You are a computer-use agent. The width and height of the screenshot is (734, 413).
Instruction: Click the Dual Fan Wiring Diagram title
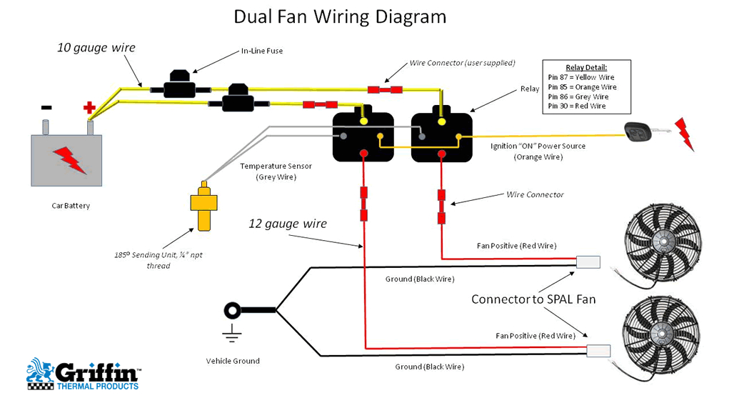(x=340, y=17)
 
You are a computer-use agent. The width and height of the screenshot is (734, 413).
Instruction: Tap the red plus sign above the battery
(x=89, y=108)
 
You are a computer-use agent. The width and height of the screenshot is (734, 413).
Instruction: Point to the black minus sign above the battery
(x=46, y=108)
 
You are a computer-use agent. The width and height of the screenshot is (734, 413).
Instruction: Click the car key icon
(x=638, y=132)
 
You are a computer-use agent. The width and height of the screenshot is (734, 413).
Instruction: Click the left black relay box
(x=363, y=136)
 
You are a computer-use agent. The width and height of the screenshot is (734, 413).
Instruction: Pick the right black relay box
(x=441, y=136)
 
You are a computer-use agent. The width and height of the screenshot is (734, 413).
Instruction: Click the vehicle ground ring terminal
(x=233, y=311)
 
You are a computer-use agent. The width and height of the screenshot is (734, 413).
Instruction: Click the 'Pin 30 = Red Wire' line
(x=577, y=106)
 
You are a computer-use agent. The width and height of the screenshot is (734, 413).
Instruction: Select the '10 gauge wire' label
(x=96, y=48)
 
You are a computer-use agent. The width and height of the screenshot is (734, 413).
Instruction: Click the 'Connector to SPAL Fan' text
(x=533, y=299)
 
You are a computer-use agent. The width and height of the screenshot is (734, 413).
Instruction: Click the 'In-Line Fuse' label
(x=261, y=51)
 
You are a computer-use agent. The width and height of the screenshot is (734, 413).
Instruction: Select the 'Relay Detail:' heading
(x=586, y=68)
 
